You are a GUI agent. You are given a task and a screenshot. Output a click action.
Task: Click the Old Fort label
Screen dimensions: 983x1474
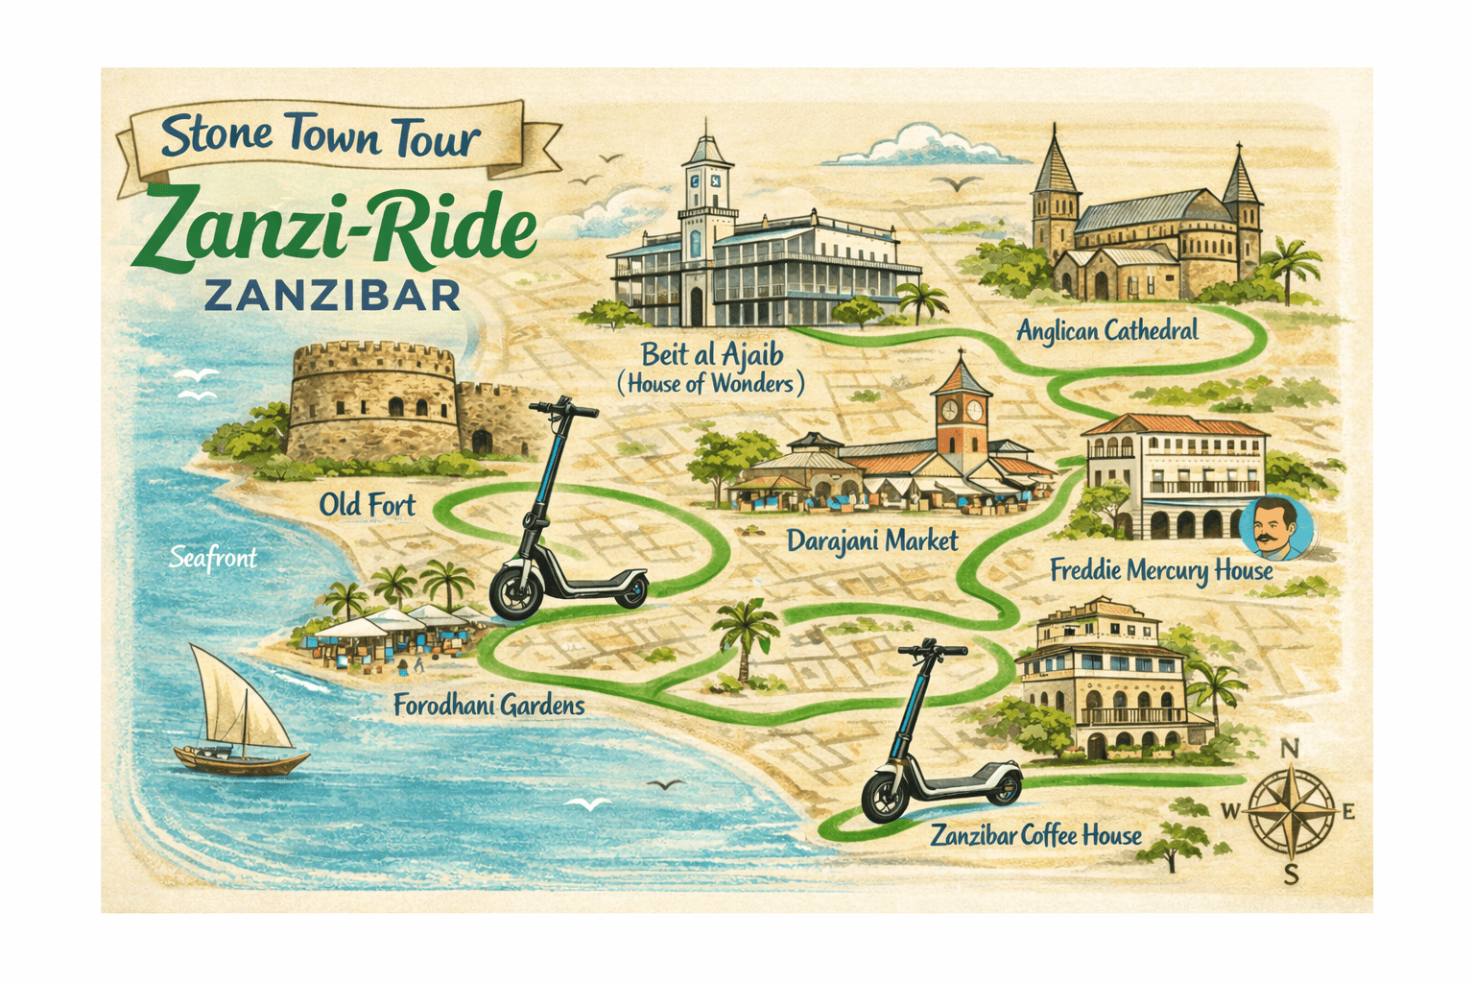tap(368, 505)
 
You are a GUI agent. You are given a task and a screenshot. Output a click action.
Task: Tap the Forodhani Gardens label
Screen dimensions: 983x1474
tap(488, 707)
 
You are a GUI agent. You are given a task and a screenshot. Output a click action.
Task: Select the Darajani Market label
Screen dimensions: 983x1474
tap(872, 541)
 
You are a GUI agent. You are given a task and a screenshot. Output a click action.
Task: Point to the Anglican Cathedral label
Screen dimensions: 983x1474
tap(1107, 332)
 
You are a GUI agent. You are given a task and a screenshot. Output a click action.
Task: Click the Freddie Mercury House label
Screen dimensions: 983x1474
tap(1161, 571)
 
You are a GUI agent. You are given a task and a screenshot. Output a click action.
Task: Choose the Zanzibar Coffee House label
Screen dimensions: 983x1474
tap(1036, 836)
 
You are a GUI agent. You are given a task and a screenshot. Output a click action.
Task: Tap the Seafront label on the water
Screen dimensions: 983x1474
tap(213, 558)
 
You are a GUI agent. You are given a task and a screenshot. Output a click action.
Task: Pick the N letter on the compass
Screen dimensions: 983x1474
tap(1291, 749)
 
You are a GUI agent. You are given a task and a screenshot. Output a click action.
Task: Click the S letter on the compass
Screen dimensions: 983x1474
tap(1292, 874)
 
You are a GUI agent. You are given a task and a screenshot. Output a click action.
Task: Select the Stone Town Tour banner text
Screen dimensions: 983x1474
tap(320, 137)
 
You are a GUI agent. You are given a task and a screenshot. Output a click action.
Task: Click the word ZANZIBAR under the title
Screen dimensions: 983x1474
tap(333, 296)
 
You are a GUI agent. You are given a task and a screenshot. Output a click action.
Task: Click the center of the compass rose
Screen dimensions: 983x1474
tap(1292, 811)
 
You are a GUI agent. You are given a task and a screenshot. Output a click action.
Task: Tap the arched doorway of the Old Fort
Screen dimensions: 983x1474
tap(481, 442)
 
